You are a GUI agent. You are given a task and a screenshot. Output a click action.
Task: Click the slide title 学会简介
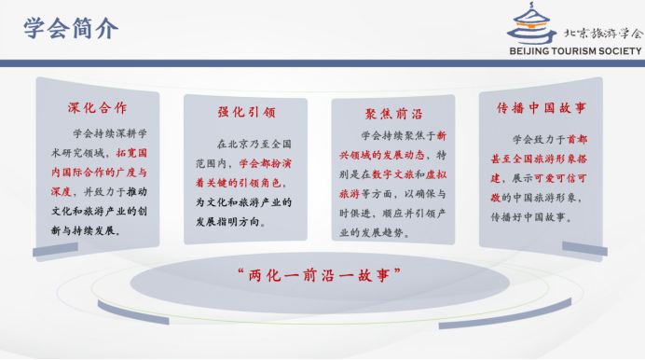point(72,28)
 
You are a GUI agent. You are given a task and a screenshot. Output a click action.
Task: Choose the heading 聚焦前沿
point(393,114)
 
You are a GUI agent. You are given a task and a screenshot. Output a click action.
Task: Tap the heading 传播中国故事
point(542,107)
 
